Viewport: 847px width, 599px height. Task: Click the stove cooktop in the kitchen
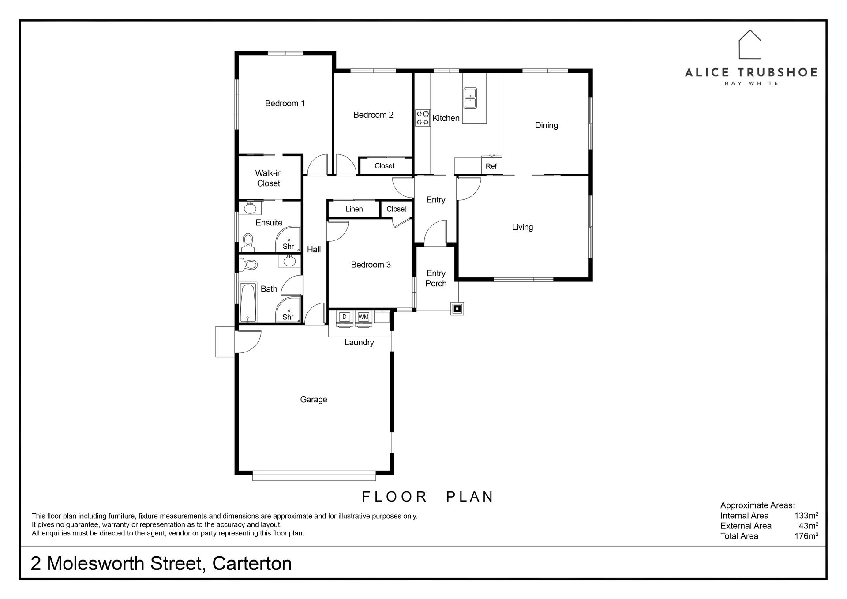click(423, 118)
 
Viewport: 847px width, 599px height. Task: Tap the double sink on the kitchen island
click(470, 98)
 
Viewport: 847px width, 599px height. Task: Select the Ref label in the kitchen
click(491, 166)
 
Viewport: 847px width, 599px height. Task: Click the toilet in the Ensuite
click(248, 242)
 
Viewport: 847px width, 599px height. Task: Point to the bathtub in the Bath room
click(247, 303)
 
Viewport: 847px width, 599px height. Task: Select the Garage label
click(314, 400)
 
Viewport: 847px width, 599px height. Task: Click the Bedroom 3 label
click(371, 265)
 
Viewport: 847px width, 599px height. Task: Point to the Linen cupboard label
click(354, 209)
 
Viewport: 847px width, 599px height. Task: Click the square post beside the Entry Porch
click(457, 308)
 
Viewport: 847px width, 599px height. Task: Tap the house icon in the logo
click(750, 44)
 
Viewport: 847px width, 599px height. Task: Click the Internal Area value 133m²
click(806, 515)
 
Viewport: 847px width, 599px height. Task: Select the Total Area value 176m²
click(806, 536)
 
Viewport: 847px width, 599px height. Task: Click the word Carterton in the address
click(252, 564)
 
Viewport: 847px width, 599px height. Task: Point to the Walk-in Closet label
click(268, 178)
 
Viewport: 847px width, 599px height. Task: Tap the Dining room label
click(546, 125)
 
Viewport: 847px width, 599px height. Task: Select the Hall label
click(314, 250)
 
